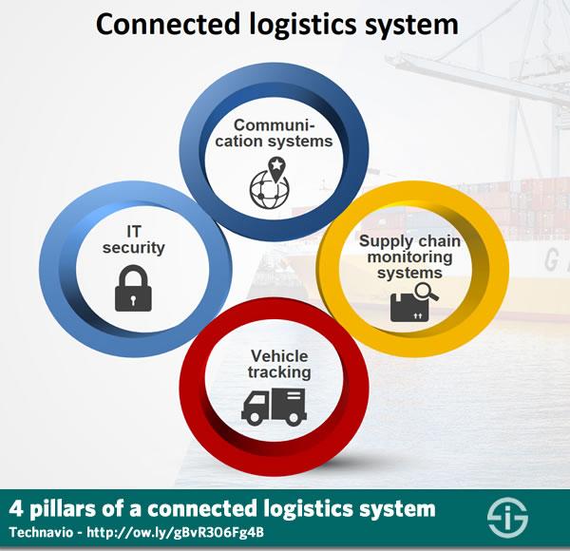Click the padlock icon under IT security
[x=133, y=288]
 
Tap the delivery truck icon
[x=274, y=407]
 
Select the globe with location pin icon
[x=270, y=182]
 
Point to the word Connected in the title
[x=167, y=25]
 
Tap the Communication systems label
[x=274, y=133]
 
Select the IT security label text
[x=133, y=240]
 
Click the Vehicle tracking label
[x=279, y=364]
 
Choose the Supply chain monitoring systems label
[x=409, y=256]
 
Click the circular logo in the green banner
[x=507, y=517]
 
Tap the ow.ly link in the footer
[x=175, y=532]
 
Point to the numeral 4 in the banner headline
[x=16, y=508]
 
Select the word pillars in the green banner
[x=63, y=509]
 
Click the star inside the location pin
[x=276, y=164]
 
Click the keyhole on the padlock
[x=133, y=300]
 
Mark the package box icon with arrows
[x=409, y=308]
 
